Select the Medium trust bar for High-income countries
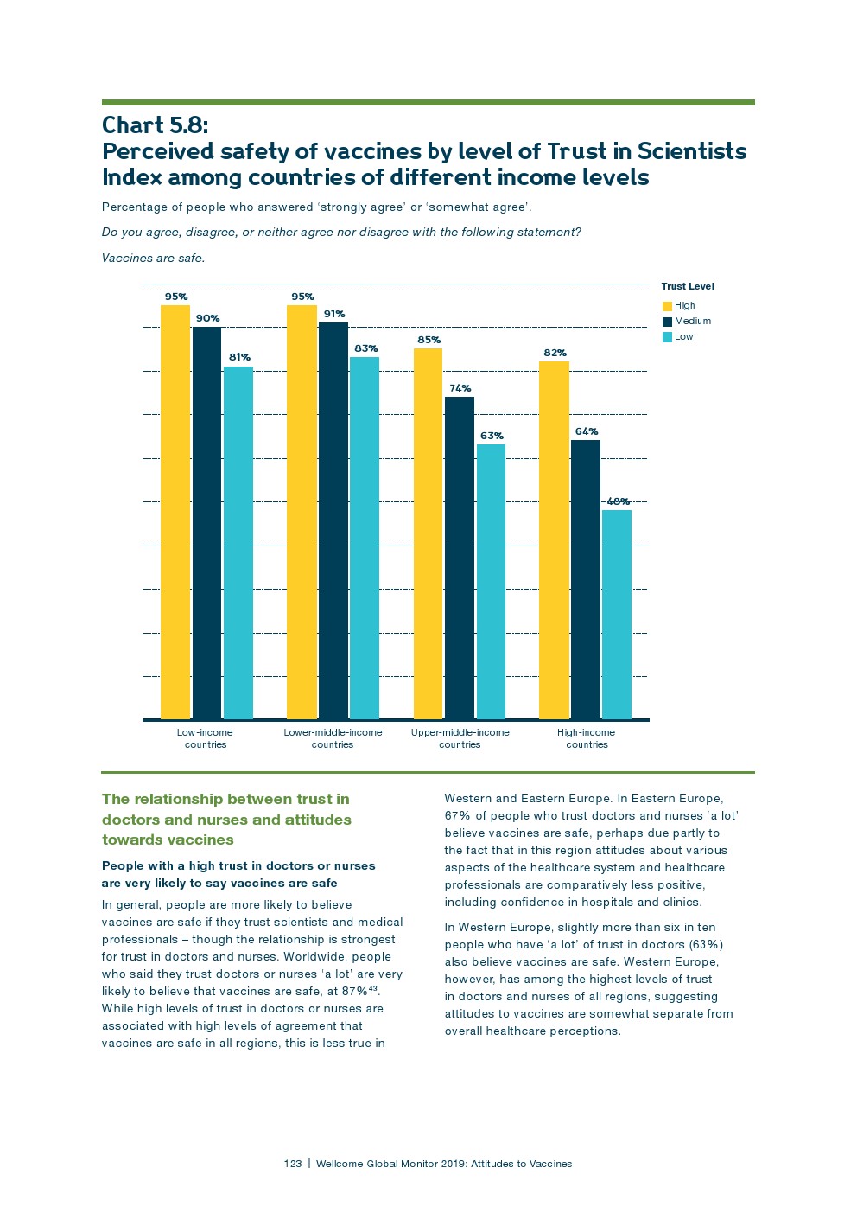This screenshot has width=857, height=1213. click(586, 579)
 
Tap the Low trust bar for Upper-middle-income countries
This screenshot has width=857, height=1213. click(491, 581)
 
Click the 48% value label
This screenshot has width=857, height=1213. click(618, 501)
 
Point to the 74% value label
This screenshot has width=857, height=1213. click(460, 388)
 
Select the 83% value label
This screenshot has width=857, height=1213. click(365, 348)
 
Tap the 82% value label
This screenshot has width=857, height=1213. click(555, 353)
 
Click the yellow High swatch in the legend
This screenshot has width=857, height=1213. click(667, 306)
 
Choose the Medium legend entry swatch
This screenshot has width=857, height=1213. click(667, 322)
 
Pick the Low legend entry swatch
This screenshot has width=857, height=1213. click(667, 337)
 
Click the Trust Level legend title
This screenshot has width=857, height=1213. click(688, 286)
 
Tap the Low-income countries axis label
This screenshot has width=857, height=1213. click(205, 738)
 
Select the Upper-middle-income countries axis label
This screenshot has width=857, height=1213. click(460, 738)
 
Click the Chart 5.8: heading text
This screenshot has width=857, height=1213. click(155, 125)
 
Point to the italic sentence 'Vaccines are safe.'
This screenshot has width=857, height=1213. click(153, 258)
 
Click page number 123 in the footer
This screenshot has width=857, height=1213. click(293, 1164)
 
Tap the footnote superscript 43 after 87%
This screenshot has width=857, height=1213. click(373, 987)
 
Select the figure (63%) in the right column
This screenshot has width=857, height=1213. click(706, 944)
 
